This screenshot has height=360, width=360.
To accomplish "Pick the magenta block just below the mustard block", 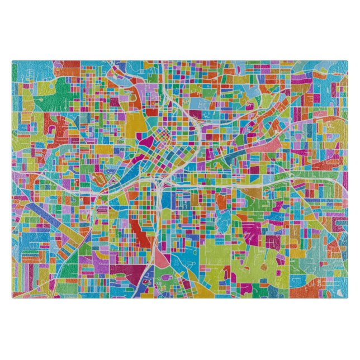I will click(138, 144).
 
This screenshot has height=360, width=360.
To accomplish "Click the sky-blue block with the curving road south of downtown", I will click(179, 252).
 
